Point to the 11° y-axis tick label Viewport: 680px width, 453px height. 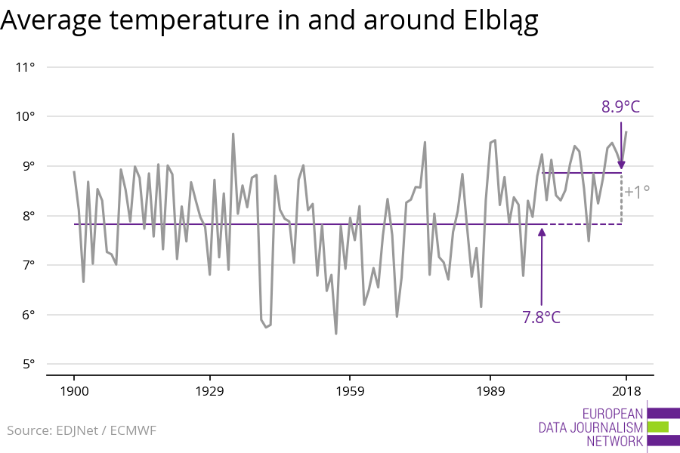25,67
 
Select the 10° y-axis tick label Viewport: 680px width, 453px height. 25,116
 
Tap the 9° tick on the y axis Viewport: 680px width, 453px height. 28,166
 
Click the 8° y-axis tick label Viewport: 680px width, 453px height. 28,216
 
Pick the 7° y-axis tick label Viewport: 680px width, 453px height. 28,265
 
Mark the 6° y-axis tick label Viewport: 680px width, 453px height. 28,315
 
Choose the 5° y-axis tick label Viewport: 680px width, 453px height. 28,365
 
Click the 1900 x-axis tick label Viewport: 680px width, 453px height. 74,390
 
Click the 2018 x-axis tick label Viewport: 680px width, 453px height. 626,390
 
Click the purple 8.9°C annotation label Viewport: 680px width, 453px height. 620,107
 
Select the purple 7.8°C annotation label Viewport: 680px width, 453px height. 541,317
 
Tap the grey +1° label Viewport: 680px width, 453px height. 637,192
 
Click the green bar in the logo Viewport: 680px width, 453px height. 658,427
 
